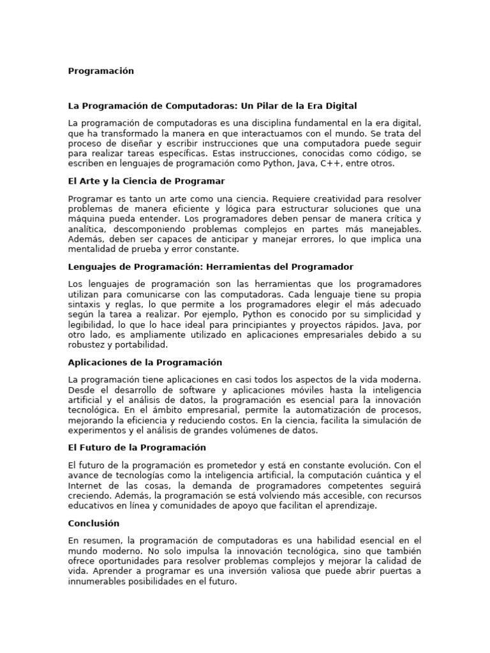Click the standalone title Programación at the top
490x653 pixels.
[101, 71]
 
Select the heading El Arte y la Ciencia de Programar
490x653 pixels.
[146, 181]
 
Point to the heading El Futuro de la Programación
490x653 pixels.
[137, 448]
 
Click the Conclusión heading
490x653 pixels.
[94, 523]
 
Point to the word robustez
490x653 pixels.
[87, 344]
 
